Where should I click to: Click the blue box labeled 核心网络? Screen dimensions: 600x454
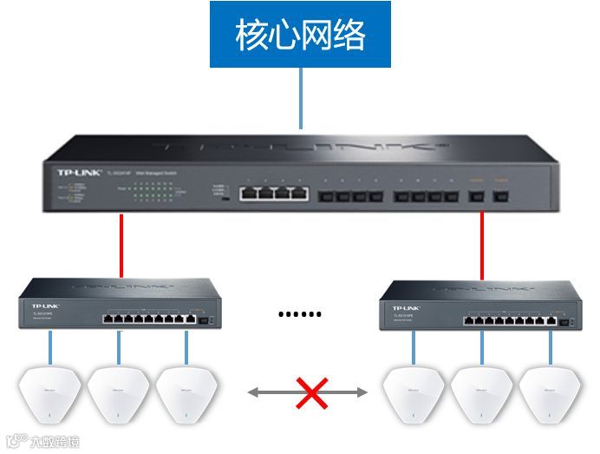[x=301, y=35]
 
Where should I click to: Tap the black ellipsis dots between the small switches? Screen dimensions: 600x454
[x=300, y=314]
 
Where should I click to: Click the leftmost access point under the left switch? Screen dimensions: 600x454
[x=50, y=395]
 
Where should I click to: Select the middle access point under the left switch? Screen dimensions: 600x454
[x=118, y=395]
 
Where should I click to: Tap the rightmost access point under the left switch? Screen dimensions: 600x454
[x=186, y=395]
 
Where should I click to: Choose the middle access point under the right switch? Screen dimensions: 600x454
[x=481, y=395]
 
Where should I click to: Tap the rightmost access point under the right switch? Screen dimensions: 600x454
[x=549, y=395]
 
